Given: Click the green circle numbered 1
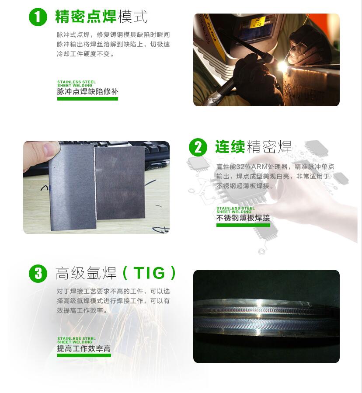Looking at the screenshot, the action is pos(38,17).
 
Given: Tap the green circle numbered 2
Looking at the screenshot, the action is pos(198,147).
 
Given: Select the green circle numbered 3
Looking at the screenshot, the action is pos(38,274).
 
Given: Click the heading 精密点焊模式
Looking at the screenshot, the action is pos(101,17).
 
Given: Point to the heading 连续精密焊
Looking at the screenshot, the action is pos(254,146).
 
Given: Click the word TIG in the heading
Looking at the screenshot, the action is pos(149,273).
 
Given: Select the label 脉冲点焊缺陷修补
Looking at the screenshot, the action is pos(87,91).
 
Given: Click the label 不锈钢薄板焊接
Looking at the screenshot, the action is pos(243,218).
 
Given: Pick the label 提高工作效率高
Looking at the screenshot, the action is pos(84,348).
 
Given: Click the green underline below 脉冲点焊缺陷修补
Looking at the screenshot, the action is pos(87,99).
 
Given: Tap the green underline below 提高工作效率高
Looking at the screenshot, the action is pos(84,355).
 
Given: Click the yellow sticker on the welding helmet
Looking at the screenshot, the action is pos(258,23).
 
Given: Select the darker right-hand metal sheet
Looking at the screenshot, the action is pos(121,183).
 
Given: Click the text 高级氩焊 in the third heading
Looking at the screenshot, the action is pos(86,273).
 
